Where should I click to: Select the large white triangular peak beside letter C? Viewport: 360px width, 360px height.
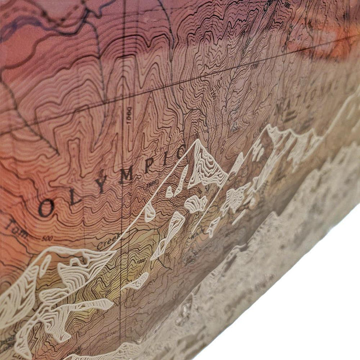[x=206, y=165]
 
